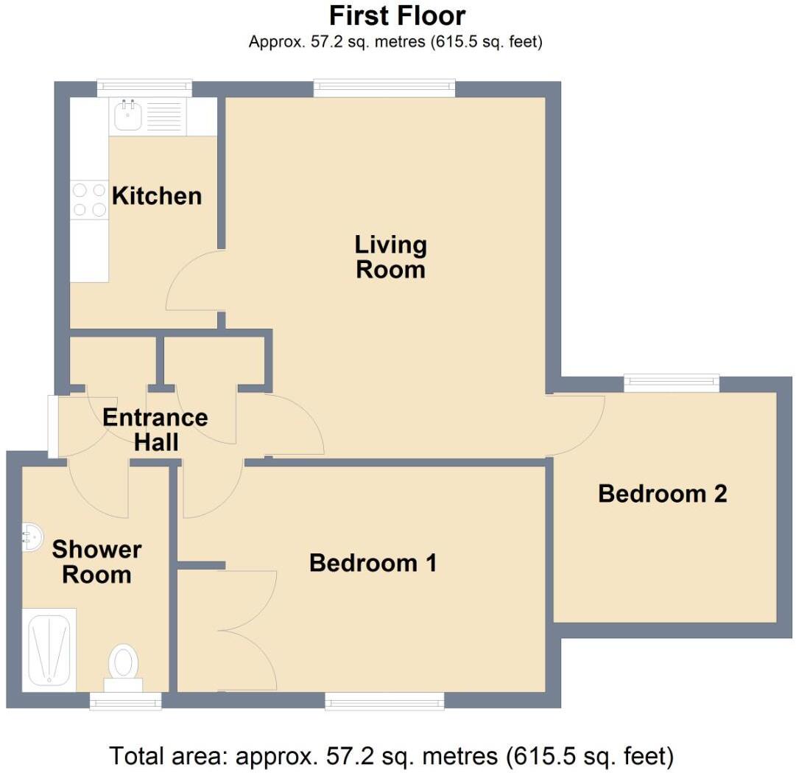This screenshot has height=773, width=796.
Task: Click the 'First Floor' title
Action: pyautogui.click(x=397, y=15)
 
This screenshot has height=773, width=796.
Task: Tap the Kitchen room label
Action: pyautogui.click(x=156, y=196)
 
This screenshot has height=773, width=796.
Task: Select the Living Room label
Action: pyautogui.click(x=390, y=256)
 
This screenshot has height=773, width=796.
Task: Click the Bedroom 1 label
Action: pyautogui.click(x=373, y=563)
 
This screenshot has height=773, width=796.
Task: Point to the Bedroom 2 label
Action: pyautogui.click(x=662, y=493)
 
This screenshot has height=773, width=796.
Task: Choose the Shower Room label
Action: pyautogui.click(x=96, y=562)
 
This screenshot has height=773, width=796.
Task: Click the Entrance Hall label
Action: pyautogui.click(x=155, y=430)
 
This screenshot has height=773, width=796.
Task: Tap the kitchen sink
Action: pyautogui.click(x=129, y=116)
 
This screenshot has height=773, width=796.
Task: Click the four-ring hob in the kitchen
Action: pyautogui.click(x=89, y=200)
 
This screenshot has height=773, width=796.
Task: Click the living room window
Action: pyautogui.click(x=384, y=89)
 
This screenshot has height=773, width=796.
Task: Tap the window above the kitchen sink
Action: pyautogui.click(x=144, y=88)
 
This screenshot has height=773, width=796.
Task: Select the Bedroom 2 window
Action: pyautogui.click(x=671, y=382)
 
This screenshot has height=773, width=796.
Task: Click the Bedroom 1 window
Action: pyautogui.click(x=384, y=700)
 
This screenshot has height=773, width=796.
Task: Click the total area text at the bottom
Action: pyautogui.click(x=391, y=755)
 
